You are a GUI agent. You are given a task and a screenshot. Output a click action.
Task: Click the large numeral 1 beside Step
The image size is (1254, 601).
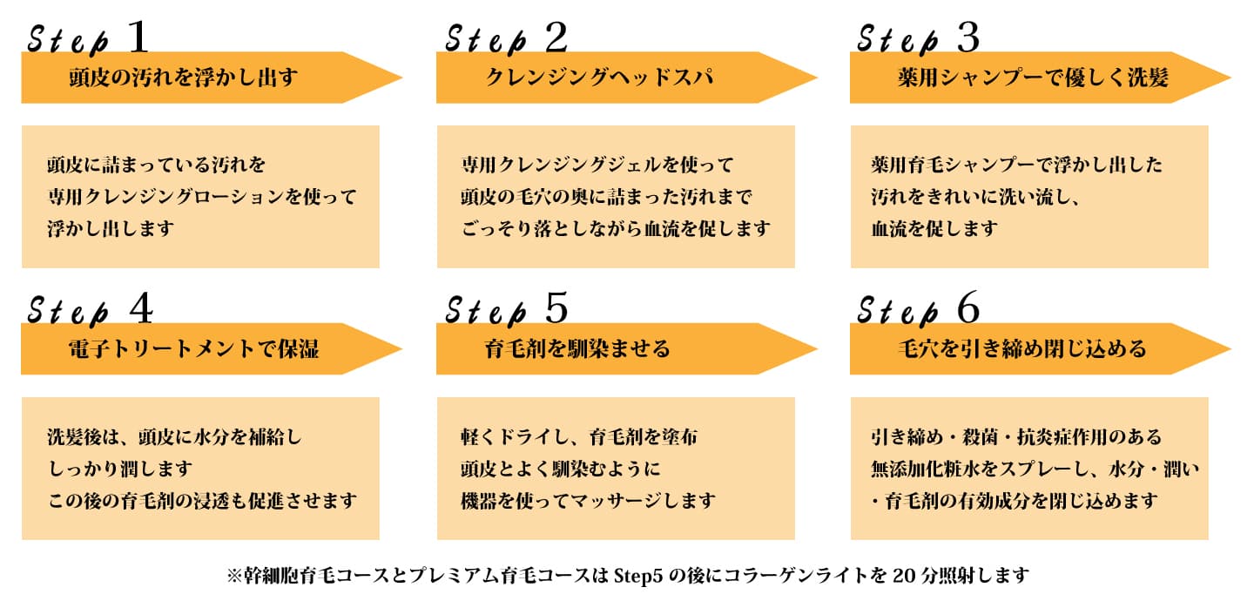(138, 37)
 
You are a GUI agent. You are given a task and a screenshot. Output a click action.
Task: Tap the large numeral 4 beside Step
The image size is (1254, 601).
(139, 308)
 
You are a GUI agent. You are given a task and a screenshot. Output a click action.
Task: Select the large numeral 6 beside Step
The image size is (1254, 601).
(967, 308)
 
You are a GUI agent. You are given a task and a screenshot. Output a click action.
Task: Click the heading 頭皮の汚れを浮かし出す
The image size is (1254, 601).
(183, 78)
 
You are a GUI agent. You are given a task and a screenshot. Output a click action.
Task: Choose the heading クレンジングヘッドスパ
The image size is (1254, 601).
(599, 78)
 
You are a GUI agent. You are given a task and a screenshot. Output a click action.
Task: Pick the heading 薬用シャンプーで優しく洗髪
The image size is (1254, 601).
(1032, 78)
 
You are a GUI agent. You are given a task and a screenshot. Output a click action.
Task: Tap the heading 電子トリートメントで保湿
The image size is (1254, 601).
(193, 349)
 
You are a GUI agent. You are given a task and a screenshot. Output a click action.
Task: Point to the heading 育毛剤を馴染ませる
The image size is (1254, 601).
(577, 349)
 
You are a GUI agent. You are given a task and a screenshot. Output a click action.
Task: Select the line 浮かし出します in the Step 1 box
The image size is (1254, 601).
(111, 229)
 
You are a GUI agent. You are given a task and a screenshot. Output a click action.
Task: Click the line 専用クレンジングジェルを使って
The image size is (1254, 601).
(597, 165)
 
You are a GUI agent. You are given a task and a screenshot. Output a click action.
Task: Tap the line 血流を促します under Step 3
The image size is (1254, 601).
(934, 229)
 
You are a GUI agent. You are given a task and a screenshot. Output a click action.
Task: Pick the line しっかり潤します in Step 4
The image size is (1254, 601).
(119, 469)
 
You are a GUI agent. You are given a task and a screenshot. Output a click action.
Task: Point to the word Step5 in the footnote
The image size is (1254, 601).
(641, 576)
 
